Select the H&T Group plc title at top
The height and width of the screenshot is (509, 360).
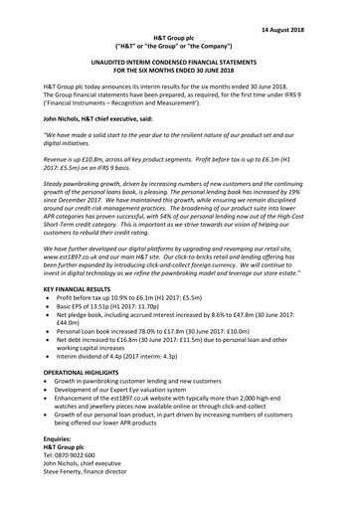coord(179,37)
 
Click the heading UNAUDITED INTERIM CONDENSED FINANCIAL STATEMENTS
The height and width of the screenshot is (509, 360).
coord(179,61)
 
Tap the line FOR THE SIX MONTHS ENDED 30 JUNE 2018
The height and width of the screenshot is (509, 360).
coord(179,71)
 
